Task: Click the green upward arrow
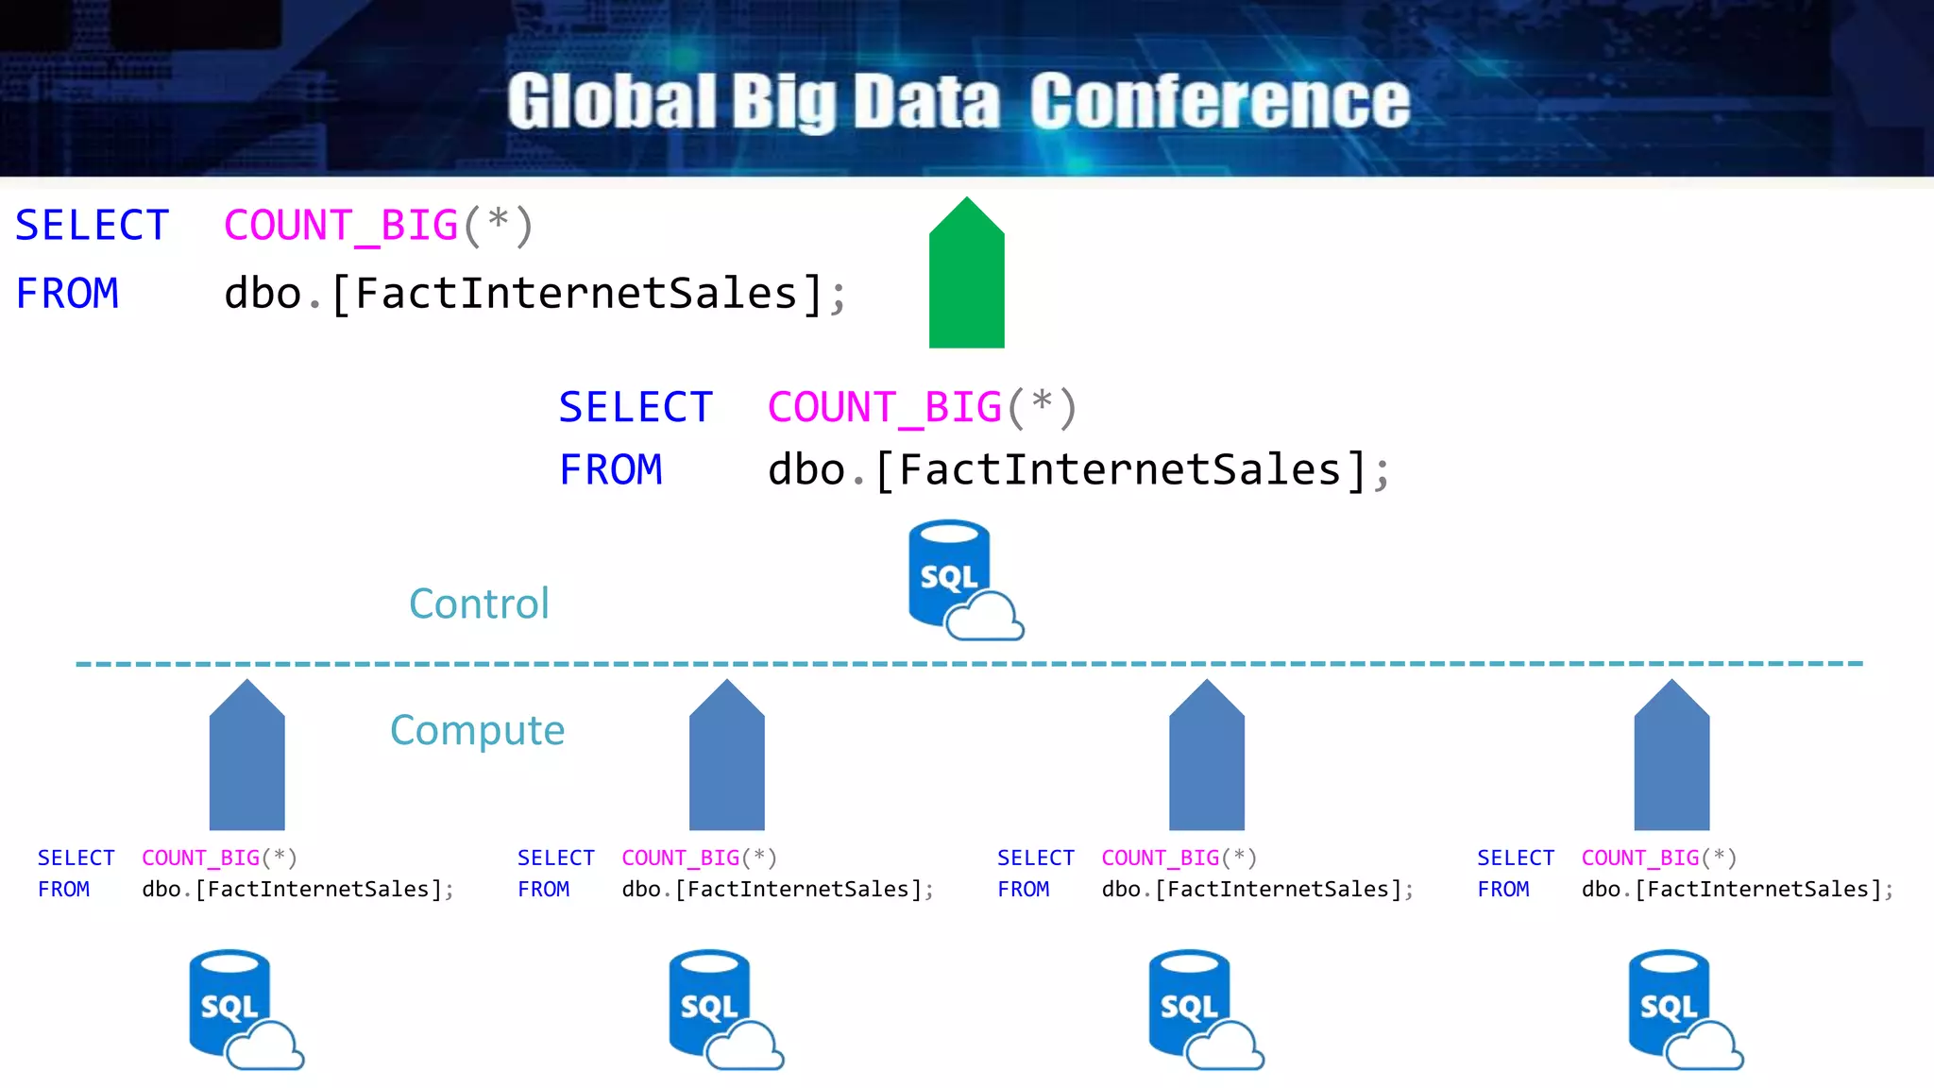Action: [x=966, y=274]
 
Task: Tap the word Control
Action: [x=479, y=604]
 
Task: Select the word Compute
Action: [x=477, y=731]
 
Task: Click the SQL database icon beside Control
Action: [x=959, y=579]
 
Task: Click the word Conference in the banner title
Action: [x=1219, y=101]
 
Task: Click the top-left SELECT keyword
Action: [x=92, y=227]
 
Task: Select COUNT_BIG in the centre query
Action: [x=884, y=408]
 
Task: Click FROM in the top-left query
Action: [x=67, y=294]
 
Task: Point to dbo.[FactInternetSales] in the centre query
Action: [x=1067, y=470]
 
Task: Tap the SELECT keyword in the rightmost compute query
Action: [x=1515, y=858]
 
